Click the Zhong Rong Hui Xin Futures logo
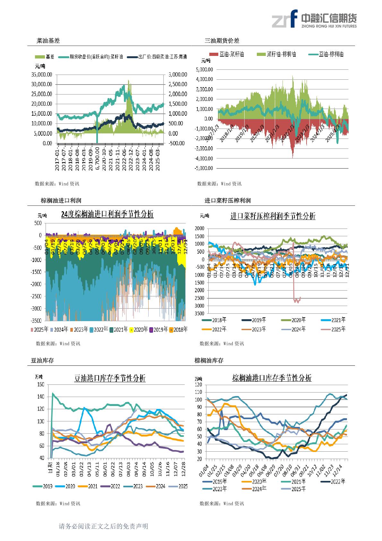point(314,19)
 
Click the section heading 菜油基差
point(48,41)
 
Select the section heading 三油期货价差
point(222,41)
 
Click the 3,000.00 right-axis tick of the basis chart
point(178,75)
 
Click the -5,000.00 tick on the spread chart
point(204,168)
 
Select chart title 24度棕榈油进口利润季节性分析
point(107,214)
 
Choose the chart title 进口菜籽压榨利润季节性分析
point(273,216)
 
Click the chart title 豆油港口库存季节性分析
point(110,378)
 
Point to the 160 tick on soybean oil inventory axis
point(41,384)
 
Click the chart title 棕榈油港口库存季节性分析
point(272,378)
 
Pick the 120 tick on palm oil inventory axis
point(198,385)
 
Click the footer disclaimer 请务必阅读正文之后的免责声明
point(103,527)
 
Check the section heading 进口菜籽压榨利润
point(228,201)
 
